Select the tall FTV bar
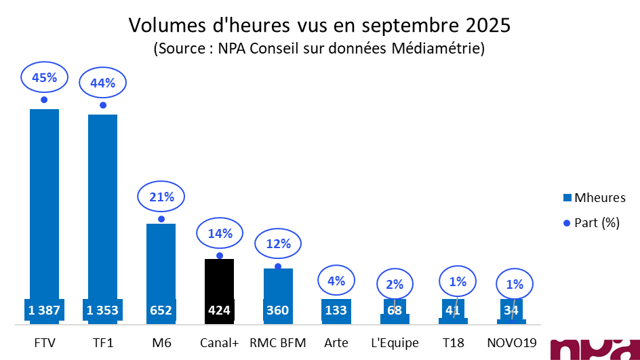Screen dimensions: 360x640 tap(44, 203)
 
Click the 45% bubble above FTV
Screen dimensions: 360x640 tap(44, 78)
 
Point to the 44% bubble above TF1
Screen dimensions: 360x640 tap(102, 83)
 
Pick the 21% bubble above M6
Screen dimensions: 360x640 tap(161, 197)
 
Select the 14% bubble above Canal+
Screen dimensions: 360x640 tap(220, 234)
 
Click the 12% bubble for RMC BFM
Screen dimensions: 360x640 tap(278, 243)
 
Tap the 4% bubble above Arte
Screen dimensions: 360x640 tap(336, 280)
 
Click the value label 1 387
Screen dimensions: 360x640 tap(44, 311)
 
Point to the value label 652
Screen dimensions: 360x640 tap(161, 311)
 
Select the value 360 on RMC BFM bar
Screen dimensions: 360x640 tap(278, 311)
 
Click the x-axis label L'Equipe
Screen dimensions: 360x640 tap(395, 342)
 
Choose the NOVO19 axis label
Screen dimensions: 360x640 tap(513, 342)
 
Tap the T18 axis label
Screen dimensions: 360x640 tap(454, 342)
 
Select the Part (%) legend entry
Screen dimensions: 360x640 tap(591, 222)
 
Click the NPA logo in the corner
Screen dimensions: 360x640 tap(594, 348)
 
